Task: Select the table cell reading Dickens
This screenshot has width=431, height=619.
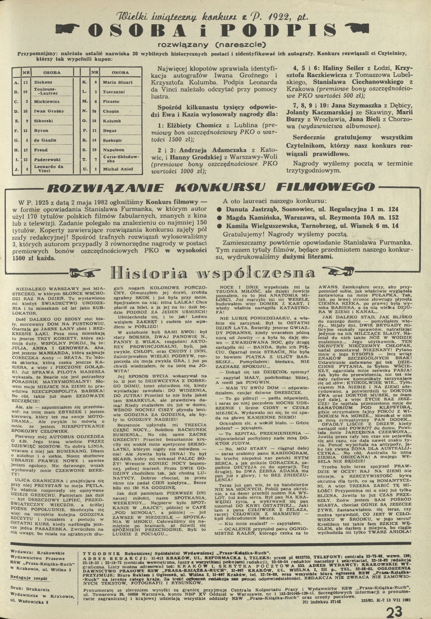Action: pyautogui.click(x=43, y=82)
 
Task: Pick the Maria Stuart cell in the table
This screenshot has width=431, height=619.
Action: pyautogui.click(x=117, y=82)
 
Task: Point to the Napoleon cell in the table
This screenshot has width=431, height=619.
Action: pyautogui.click(x=113, y=150)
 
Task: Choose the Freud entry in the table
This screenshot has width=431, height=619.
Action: pyautogui.click(x=41, y=150)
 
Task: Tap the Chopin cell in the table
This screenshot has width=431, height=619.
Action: pyautogui.click(x=111, y=111)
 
